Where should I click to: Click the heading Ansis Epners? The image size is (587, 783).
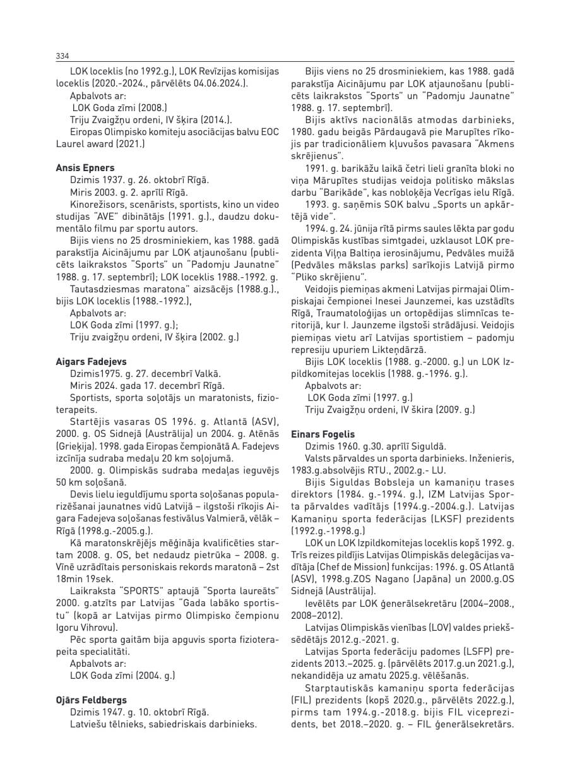[85, 168]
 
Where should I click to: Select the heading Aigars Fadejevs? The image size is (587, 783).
[91, 362]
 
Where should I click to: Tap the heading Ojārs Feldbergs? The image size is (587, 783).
[91, 700]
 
